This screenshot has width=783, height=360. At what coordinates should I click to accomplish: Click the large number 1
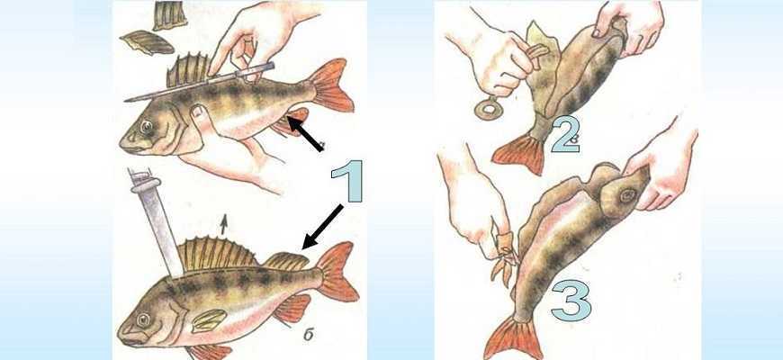pyautogui.click(x=349, y=181)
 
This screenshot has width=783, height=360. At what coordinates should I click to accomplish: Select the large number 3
pyautogui.click(x=571, y=301)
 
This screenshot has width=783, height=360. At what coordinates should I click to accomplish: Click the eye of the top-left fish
pyautogui.click(x=147, y=126)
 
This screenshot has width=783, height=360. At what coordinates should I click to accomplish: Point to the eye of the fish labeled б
pyautogui.click(x=144, y=319)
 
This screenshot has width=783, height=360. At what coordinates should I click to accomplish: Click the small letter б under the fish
pyautogui.click(x=309, y=335)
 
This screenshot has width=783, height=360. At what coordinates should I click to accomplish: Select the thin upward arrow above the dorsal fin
pyautogui.click(x=224, y=225)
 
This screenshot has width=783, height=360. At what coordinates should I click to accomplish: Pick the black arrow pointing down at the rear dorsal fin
pyautogui.click(x=322, y=227)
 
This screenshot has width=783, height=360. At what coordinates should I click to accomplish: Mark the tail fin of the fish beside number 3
pyautogui.click(x=514, y=338)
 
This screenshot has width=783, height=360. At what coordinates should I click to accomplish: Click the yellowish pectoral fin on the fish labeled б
pyautogui.click(x=210, y=320)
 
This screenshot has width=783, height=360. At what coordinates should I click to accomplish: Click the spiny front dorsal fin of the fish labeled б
pyautogui.click(x=217, y=255)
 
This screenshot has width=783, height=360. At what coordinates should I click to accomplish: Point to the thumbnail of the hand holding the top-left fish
pyautogui.click(x=200, y=112)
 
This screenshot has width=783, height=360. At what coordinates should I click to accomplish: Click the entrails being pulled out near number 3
pyautogui.click(x=503, y=255)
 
